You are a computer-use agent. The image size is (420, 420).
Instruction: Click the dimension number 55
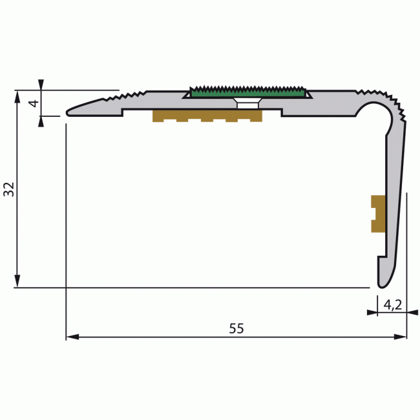click(x=236, y=328)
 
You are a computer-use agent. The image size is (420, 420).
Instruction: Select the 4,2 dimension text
click(x=393, y=304)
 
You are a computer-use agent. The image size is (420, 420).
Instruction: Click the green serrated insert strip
click(x=247, y=93)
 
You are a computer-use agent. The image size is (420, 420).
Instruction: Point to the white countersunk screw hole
click(x=247, y=103)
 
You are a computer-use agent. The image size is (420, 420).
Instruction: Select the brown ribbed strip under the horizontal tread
click(x=207, y=116)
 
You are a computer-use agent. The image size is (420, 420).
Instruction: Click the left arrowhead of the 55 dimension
click(x=72, y=337)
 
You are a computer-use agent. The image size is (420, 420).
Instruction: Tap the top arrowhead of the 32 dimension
click(x=18, y=96)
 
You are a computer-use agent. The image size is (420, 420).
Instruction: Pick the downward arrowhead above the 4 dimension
click(x=41, y=85)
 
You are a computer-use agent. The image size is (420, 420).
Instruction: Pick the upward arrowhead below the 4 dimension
click(x=41, y=120)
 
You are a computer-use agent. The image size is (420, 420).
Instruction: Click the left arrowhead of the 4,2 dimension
click(x=372, y=313)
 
